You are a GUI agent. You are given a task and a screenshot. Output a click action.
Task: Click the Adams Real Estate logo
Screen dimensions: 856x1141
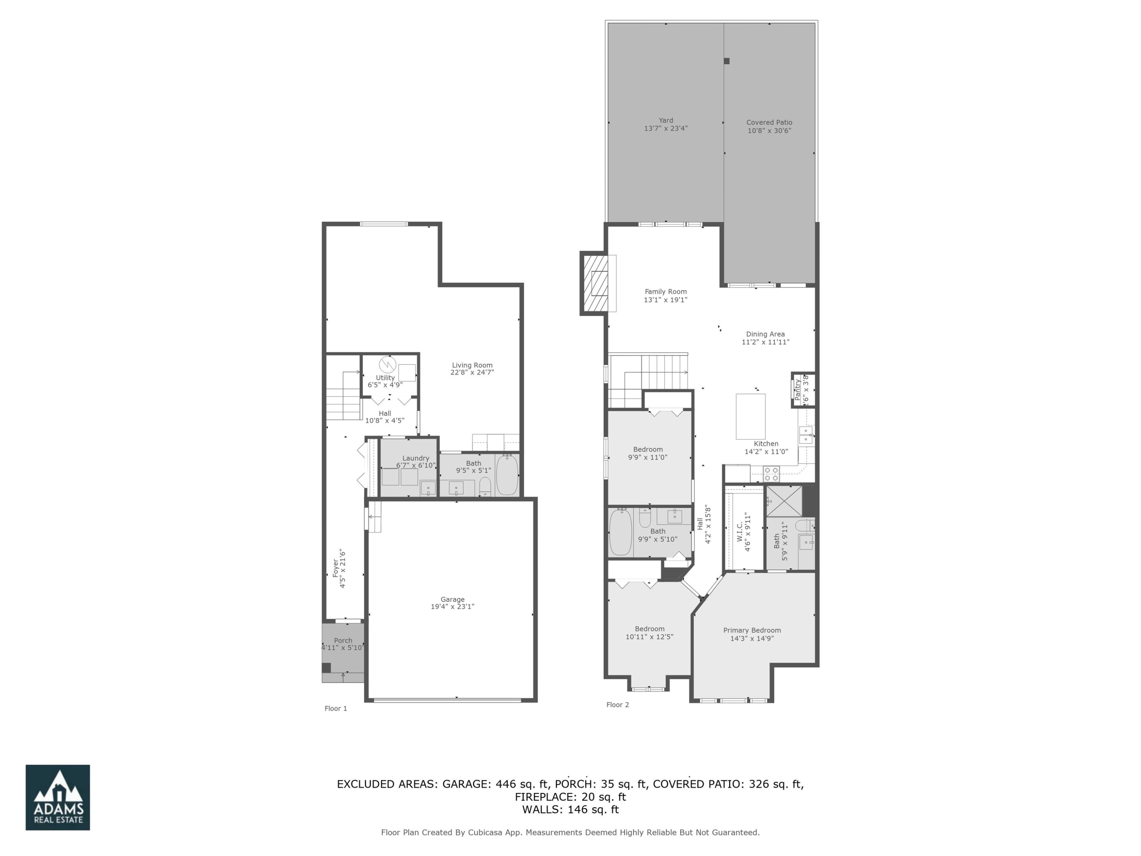click(x=58, y=797)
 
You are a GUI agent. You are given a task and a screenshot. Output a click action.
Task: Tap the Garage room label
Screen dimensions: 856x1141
click(x=452, y=600)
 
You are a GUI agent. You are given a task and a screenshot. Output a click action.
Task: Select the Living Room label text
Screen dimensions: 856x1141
click(x=472, y=365)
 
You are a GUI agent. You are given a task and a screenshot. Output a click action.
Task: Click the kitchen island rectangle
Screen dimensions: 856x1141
click(x=750, y=416)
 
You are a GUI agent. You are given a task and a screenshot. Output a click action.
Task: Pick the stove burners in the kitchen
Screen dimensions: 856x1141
click(x=771, y=474)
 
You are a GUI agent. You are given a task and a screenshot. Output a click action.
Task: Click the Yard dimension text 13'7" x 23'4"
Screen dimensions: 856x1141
click(x=666, y=129)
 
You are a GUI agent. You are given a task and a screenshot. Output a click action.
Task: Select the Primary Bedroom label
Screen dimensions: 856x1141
click(x=752, y=630)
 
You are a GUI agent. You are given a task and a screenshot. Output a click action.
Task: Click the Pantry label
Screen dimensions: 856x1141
click(x=798, y=390)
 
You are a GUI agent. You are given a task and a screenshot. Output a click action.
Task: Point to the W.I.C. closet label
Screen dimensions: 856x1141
click(x=740, y=532)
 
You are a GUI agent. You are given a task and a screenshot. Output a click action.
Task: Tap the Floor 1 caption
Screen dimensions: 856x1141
click(x=336, y=708)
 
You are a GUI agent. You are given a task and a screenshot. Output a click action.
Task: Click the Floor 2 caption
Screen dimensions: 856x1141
click(x=617, y=705)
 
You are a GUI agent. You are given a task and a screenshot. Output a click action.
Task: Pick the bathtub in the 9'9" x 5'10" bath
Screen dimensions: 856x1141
click(x=620, y=531)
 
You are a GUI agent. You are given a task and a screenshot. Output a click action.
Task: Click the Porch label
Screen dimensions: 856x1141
click(x=343, y=641)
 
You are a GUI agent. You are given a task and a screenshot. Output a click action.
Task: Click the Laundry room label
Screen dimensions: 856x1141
click(x=415, y=458)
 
